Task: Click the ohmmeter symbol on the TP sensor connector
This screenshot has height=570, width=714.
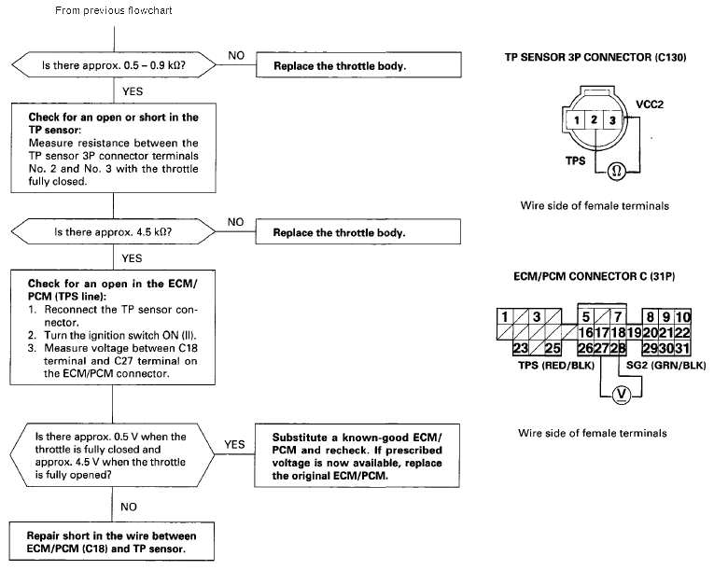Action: [617, 171]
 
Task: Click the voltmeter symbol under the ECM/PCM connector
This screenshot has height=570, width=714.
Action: [621, 395]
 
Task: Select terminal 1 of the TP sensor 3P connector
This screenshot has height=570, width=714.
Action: [576, 120]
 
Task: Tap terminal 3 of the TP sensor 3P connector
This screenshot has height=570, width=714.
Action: [612, 120]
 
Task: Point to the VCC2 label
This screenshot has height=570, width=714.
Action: [650, 104]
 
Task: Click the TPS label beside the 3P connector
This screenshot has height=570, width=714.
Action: [576, 160]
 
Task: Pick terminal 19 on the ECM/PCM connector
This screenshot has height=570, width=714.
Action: [635, 333]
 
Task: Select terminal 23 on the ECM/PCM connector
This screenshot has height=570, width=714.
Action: [521, 348]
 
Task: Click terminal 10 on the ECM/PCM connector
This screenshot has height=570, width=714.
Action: [683, 317]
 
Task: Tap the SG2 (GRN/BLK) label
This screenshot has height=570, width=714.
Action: [665, 365]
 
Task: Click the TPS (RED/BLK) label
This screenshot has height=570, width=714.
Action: [556, 365]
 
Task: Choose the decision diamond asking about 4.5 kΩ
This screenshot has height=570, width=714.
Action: [113, 231]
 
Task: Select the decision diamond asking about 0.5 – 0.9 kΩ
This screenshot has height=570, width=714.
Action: [114, 65]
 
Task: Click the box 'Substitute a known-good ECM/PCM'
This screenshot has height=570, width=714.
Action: [357, 456]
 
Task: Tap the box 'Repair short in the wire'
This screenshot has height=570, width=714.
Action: [112, 541]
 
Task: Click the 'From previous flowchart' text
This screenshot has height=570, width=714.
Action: [113, 10]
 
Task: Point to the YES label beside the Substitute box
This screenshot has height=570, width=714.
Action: [234, 444]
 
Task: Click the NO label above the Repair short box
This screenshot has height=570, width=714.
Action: [129, 507]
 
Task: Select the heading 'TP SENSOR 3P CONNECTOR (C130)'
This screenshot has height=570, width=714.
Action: [595, 57]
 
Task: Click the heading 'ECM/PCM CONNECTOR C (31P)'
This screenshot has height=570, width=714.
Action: [595, 276]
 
